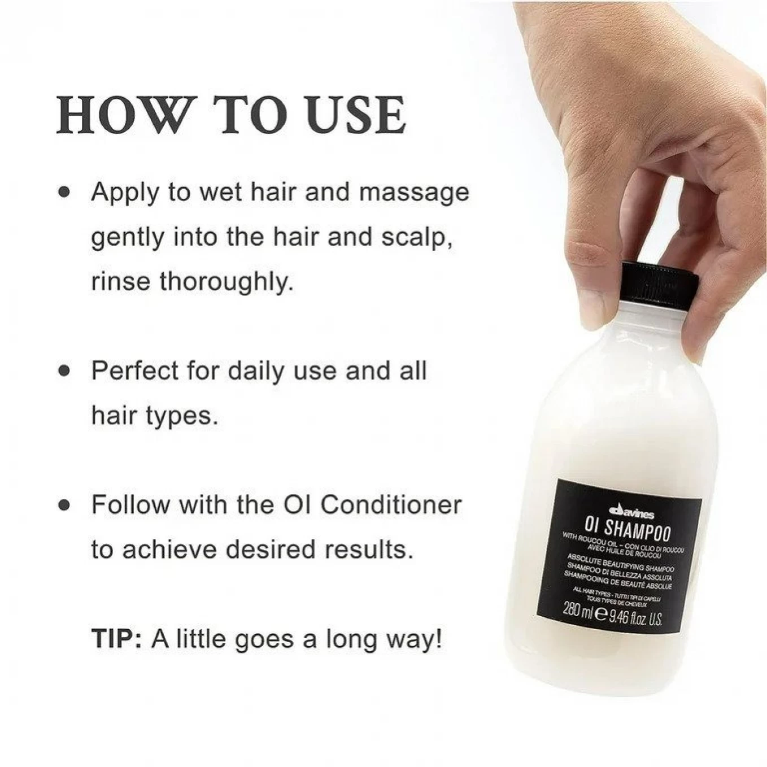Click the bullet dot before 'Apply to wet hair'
tap(66, 192)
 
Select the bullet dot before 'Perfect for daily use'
tap(66, 371)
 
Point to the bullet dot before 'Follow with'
tap(66, 504)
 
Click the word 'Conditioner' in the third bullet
tap(391, 504)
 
